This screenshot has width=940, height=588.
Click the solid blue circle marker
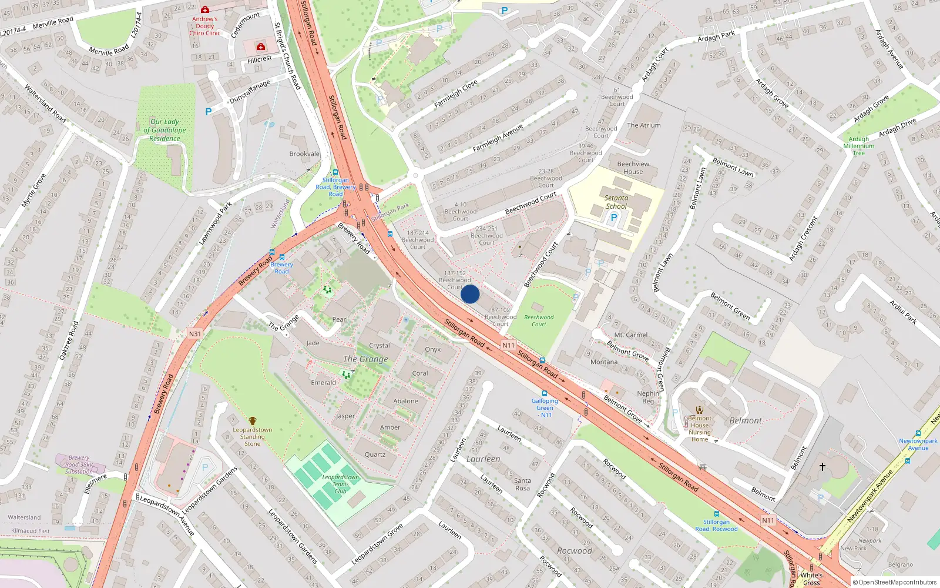click(x=470, y=294)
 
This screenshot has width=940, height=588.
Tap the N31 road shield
click(x=195, y=334)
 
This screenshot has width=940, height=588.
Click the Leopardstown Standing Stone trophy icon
click(x=253, y=421)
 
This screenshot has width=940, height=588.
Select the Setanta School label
click(x=616, y=202)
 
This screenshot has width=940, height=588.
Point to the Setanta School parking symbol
click(x=614, y=218)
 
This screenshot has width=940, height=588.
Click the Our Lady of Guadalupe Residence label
click(x=164, y=131)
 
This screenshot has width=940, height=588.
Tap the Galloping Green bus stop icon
click(x=545, y=393)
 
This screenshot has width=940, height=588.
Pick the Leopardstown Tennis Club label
click(x=341, y=484)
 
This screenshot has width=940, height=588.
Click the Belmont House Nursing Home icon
click(x=699, y=410)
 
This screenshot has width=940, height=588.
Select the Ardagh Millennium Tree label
click(x=859, y=146)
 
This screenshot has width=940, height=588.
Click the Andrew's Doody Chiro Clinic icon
click(x=205, y=10)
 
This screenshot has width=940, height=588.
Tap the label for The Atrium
click(x=644, y=125)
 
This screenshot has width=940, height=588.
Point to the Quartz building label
click(x=375, y=455)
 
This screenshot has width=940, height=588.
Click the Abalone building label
click(x=406, y=402)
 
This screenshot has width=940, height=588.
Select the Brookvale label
click(x=304, y=154)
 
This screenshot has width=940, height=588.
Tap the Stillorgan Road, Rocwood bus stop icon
click(x=716, y=514)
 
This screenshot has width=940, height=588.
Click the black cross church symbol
click(x=822, y=467)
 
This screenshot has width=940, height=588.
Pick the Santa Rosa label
click(x=522, y=485)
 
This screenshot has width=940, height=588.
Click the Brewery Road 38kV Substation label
click(x=79, y=465)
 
